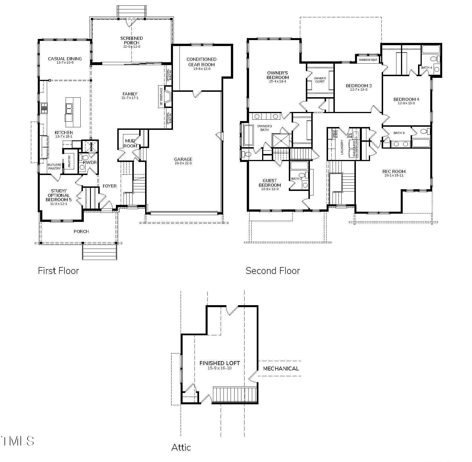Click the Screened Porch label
[x=131, y=40]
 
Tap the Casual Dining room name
[x=65, y=59]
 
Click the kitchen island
[x=73, y=112]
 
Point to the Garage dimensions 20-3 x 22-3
[x=183, y=163]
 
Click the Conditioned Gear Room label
[x=201, y=62]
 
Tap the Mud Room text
[x=130, y=143]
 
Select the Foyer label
[x=110, y=186]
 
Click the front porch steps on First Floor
[x=99, y=251]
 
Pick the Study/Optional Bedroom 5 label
[x=59, y=195]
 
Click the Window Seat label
[x=368, y=60]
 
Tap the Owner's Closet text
[x=320, y=80]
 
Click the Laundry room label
[x=342, y=147]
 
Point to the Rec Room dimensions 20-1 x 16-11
[x=394, y=176]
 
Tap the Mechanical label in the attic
[x=281, y=369]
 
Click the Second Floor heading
[x=273, y=271]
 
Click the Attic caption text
[x=181, y=448]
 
